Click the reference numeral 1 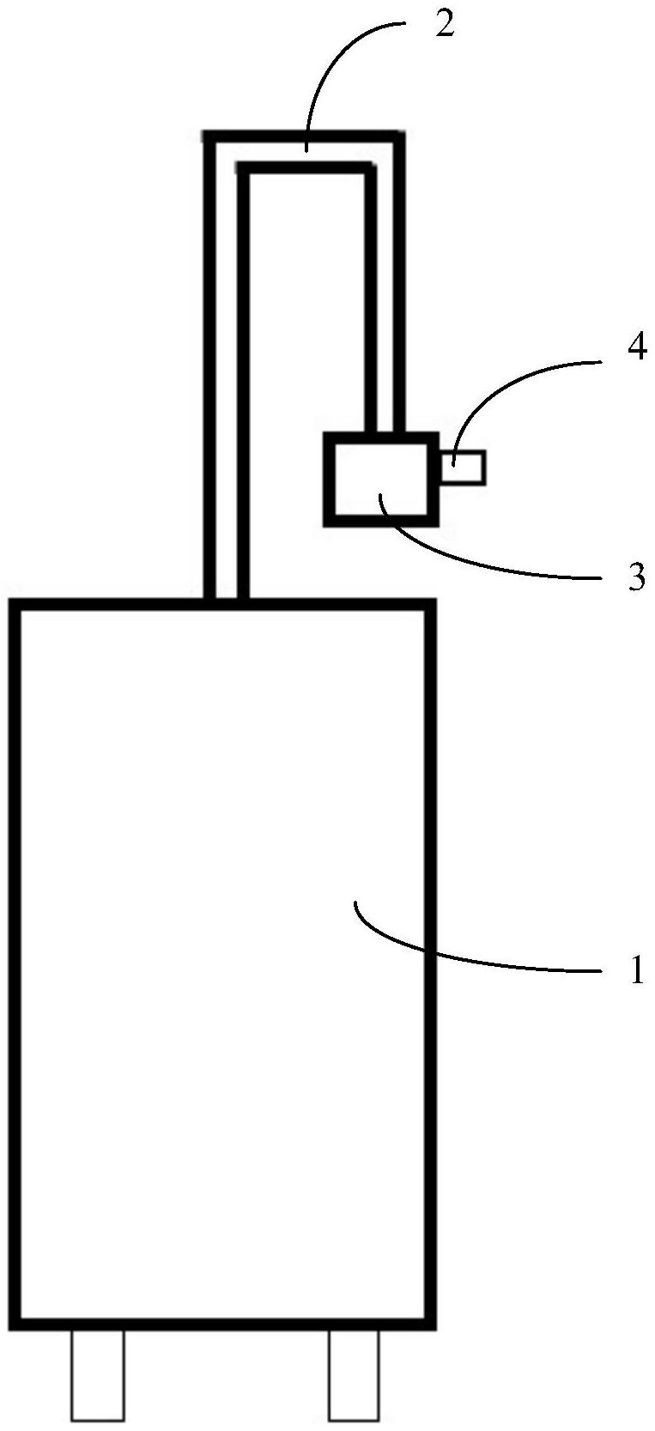coord(635,971)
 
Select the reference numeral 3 coord(635,577)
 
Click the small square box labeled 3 coord(380,477)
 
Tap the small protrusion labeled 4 coord(464,468)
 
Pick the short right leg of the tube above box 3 coord(384,300)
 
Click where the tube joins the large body coord(227,603)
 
